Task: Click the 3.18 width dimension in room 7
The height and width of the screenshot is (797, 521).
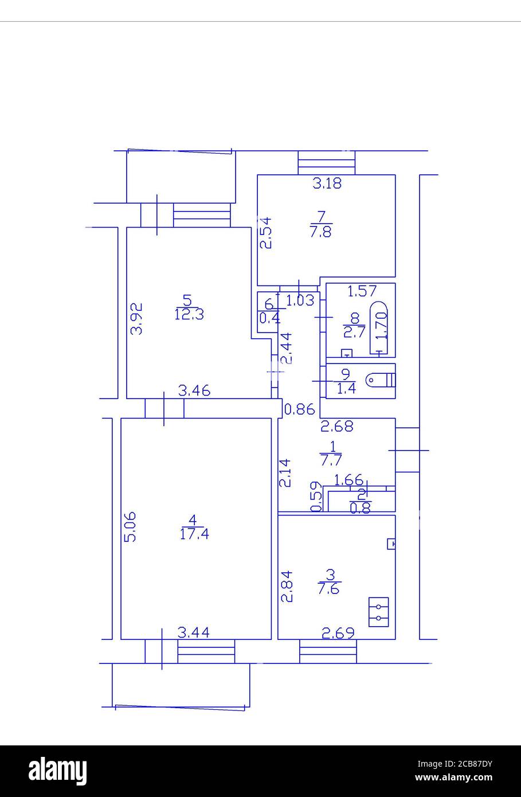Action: coord(327,183)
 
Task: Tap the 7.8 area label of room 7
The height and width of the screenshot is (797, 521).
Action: coord(321,232)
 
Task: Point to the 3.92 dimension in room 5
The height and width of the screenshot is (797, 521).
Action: coord(136,319)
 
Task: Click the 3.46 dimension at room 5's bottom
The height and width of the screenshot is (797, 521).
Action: coord(194,392)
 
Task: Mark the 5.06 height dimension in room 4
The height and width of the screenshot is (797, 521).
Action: coord(130,526)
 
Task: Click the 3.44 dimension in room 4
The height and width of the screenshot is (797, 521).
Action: coord(193,632)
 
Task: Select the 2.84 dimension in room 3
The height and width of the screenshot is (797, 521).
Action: coord(287,585)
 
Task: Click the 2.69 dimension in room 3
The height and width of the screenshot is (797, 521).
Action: coord(338,633)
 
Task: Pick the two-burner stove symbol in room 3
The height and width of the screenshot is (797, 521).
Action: coord(378,612)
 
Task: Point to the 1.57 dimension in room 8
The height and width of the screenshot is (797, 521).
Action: coord(362,291)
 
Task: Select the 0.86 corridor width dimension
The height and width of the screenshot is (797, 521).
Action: coord(300,409)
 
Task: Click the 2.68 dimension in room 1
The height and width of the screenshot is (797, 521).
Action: coord(336,426)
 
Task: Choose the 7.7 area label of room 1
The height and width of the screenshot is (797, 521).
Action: coord(331,459)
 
